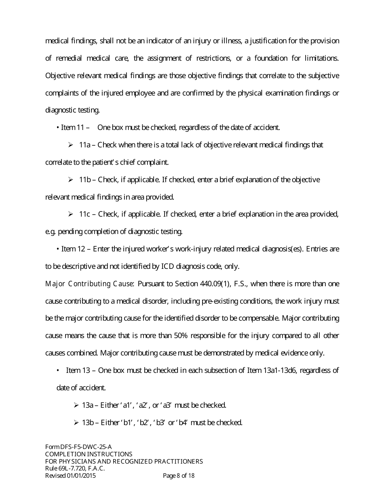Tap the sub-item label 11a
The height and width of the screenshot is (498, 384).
84,145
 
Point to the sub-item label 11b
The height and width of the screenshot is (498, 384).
84,179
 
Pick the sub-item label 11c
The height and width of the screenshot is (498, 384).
84,214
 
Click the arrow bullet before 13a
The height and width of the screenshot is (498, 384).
76,405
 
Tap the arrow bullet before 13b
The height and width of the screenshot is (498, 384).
76,423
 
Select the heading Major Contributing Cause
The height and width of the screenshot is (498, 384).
90,284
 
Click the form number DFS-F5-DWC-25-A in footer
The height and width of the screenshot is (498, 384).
84,447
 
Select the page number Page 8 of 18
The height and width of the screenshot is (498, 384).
179,476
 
